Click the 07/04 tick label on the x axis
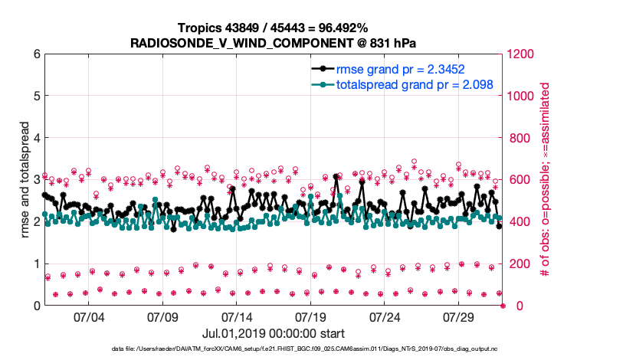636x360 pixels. pyautogui.click(x=88, y=316)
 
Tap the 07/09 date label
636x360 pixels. pyautogui.click(x=162, y=316)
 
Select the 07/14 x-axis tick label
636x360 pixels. pyautogui.click(x=237, y=316)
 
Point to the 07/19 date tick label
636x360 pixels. pyautogui.click(x=311, y=316)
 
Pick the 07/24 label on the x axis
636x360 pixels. pyautogui.click(x=385, y=316)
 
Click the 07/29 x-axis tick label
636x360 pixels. pyautogui.click(x=460, y=316)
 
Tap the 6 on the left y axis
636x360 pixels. pyautogui.click(x=36, y=54)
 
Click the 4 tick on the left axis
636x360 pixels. pyautogui.click(x=36, y=138)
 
